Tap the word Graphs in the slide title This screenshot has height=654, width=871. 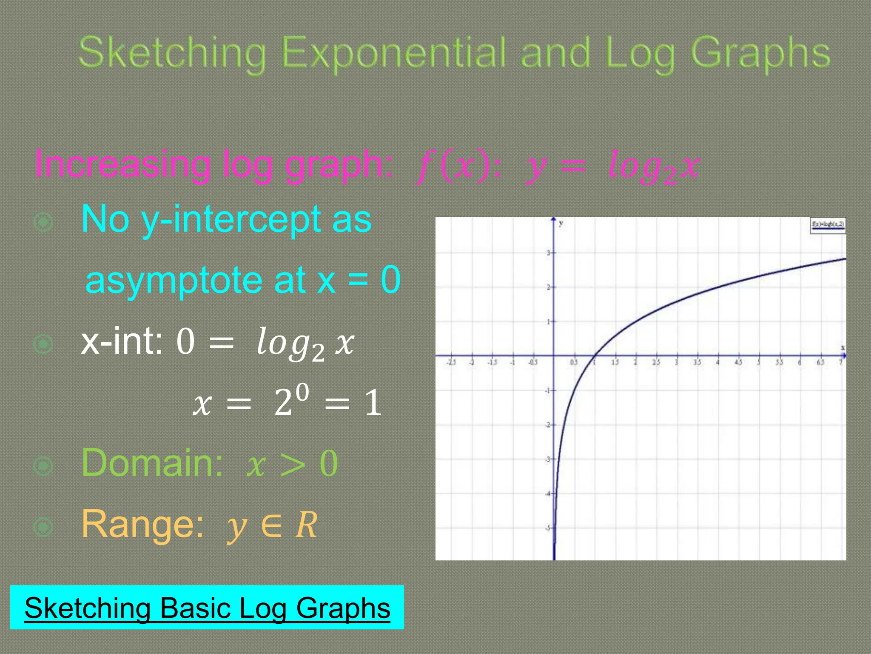760,54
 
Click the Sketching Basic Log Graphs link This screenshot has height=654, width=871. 207,608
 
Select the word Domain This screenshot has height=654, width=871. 152,463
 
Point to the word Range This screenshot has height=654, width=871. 142,524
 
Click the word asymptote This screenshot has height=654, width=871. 174,281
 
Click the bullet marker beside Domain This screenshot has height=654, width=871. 43,466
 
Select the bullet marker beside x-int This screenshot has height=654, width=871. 43,344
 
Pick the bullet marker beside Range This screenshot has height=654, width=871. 43,527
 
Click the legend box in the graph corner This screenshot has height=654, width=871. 828,225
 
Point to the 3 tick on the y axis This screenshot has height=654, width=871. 549,253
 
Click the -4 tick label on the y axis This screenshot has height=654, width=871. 548,494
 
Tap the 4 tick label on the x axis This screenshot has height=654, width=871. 717,362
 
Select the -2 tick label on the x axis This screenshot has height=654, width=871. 472,362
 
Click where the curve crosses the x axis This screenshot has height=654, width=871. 595,356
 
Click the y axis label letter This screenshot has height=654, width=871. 561,223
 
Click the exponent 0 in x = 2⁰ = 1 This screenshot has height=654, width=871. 302,391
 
